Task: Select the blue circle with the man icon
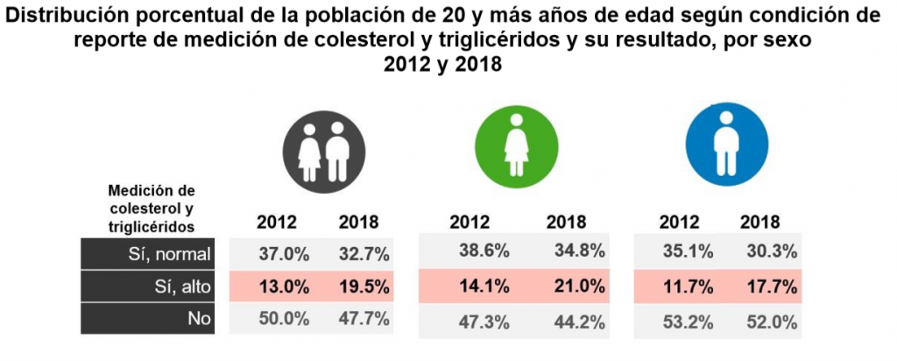tap(724, 147)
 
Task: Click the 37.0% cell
tap(284, 254)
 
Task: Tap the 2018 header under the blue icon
tap(759, 222)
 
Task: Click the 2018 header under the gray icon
tap(358, 222)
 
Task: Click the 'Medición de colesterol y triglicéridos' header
tap(151, 208)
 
